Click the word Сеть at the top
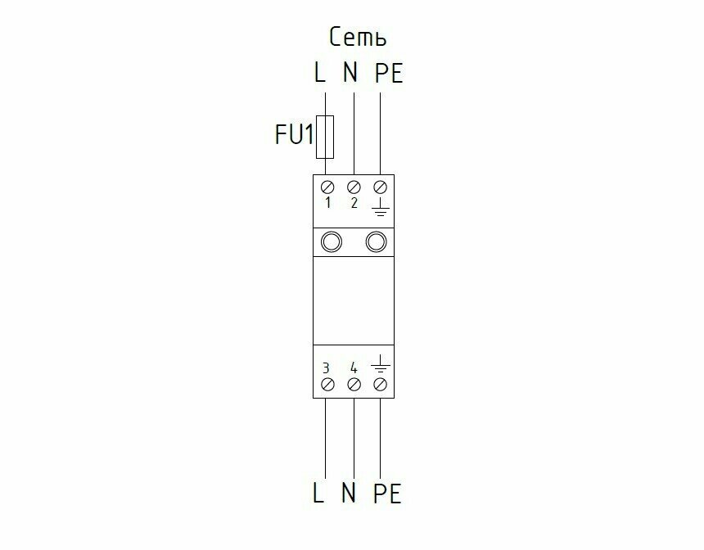click(x=358, y=37)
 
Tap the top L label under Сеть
click(x=320, y=74)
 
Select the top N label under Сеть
click(x=350, y=74)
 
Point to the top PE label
click(x=388, y=74)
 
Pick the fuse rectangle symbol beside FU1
click(x=326, y=136)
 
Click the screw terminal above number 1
click(x=327, y=187)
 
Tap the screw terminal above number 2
click(x=354, y=187)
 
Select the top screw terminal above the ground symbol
click(x=380, y=187)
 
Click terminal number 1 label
click(x=327, y=203)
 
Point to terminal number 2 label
click(x=354, y=203)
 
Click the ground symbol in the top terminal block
click(x=380, y=210)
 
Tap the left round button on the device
click(x=332, y=241)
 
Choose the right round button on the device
click(x=376, y=241)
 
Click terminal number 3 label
click(x=327, y=367)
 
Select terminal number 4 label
click(x=354, y=367)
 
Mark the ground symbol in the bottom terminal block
click(x=380, y=363)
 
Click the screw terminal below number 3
click(x=327, y=384)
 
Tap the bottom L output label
click(x=320, y=494)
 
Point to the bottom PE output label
click(x=388, y=494)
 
